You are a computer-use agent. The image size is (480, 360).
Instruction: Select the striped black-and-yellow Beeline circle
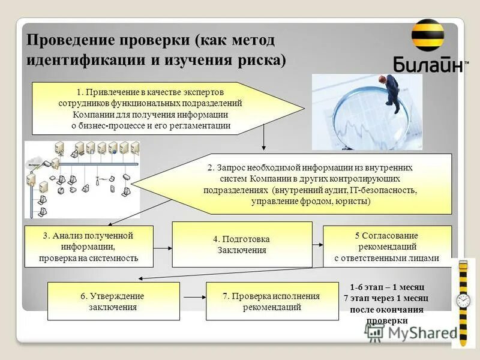[x=428, y=35]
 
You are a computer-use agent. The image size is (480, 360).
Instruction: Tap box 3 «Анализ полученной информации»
[x=88, y=247]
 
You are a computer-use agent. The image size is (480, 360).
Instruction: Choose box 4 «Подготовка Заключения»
[x=242, y=244]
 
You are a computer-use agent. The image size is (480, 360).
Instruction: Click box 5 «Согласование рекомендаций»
[x=387, y=247]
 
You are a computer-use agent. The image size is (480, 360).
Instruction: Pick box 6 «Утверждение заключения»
[x=113, y=301]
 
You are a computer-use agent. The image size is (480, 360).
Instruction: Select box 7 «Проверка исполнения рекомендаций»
[x=272, y=301]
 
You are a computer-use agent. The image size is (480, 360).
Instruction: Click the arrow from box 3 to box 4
[x=163, y=247]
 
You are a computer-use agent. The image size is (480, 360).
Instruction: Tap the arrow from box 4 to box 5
[x=317, y=244]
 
